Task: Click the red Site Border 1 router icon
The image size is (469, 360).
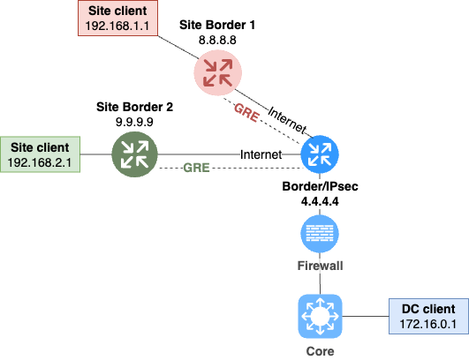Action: click(218, 73)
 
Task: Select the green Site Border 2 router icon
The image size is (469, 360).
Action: click(134, 154)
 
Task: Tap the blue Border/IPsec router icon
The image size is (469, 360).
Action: click(320, 154)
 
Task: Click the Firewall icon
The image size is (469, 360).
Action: click(320, 234)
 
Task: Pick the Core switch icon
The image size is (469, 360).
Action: click(320, 317)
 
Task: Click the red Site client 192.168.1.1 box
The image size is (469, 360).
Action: click(117, 19)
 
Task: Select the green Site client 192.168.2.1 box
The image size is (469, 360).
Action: click(40, 154)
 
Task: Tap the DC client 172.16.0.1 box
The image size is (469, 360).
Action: click(428, 316)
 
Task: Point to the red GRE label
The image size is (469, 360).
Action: click(246, 113)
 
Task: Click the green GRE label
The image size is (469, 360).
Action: click(196, 168)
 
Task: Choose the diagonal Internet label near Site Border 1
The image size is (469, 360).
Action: click(287, 120)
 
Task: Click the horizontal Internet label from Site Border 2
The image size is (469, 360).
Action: click(261, 154)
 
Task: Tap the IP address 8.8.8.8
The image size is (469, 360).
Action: click(217, 40)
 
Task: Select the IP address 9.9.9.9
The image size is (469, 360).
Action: click(134, 122)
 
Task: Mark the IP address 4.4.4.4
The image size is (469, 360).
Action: click(320, 201)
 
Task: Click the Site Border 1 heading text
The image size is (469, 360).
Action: click(217, 25)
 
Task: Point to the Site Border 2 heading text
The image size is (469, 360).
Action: click(134, 107)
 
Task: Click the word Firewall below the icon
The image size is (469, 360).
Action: click(320, 266)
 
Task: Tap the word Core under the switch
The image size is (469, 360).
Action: click(320, 351)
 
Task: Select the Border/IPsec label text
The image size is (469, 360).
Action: click(320, 186)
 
